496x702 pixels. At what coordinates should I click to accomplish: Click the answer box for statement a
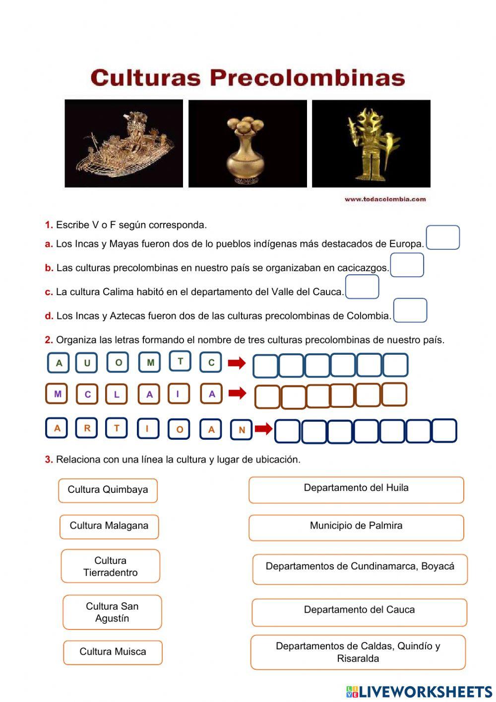[x=443, y=237]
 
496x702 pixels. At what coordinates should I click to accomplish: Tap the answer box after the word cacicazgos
[x=407, y=265]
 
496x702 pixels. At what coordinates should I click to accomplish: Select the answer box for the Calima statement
[x=362, y=287]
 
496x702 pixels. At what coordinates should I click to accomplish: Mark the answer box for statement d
[x=410, y=311]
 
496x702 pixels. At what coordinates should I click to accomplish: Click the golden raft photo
[x=124, y=144]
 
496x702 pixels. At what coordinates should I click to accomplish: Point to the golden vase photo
[x=248, y=144]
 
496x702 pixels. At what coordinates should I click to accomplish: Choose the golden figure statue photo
[x=371, y=144]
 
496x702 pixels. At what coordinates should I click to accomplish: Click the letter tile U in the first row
[x=86, y=363]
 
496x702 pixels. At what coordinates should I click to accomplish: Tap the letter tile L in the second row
[x=117, y=394]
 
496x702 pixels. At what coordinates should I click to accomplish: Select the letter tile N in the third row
[x=242, y=430]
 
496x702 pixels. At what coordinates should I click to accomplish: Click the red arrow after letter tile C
[x=237, y=363]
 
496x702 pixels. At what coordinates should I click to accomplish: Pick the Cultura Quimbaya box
[x=108, y=490]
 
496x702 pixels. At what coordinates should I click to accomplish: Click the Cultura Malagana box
[x=109, y=526]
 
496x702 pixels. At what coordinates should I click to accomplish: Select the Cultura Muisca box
[x=113, y=652]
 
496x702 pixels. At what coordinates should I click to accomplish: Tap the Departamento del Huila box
[x=356, y=489]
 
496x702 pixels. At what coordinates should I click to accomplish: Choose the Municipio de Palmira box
[x=356, y=527]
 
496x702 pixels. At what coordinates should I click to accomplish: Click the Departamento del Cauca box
[x=359, y=612]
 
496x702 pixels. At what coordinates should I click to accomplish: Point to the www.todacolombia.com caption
[x=385, y=199]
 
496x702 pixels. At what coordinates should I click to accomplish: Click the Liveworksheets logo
[x=419, y=692]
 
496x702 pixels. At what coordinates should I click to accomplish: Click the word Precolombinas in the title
[x=307, y=78]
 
